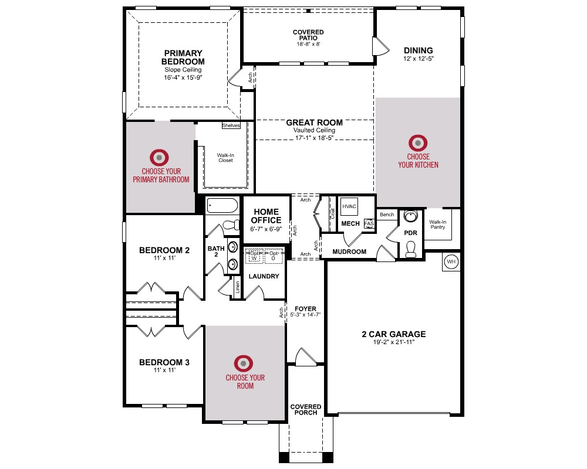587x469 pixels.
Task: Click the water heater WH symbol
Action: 451,262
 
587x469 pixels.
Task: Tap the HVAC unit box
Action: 349,206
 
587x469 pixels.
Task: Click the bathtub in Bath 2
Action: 222,205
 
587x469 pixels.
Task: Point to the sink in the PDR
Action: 411,216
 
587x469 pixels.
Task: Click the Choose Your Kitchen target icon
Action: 418,143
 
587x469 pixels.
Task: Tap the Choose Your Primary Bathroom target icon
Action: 159,158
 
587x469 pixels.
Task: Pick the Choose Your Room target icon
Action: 244,363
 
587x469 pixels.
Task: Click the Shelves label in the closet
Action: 231,125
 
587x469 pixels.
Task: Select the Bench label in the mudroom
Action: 387,215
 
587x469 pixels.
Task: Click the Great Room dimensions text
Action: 314,138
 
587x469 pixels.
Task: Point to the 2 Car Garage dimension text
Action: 394,342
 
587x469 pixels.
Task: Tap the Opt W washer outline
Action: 254,256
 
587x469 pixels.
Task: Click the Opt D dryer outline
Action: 274,256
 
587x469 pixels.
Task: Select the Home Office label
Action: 266,216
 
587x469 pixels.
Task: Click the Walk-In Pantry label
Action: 438,225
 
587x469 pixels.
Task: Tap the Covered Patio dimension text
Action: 309,44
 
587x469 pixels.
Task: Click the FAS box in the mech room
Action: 369,223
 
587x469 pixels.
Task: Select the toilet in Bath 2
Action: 231,225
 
